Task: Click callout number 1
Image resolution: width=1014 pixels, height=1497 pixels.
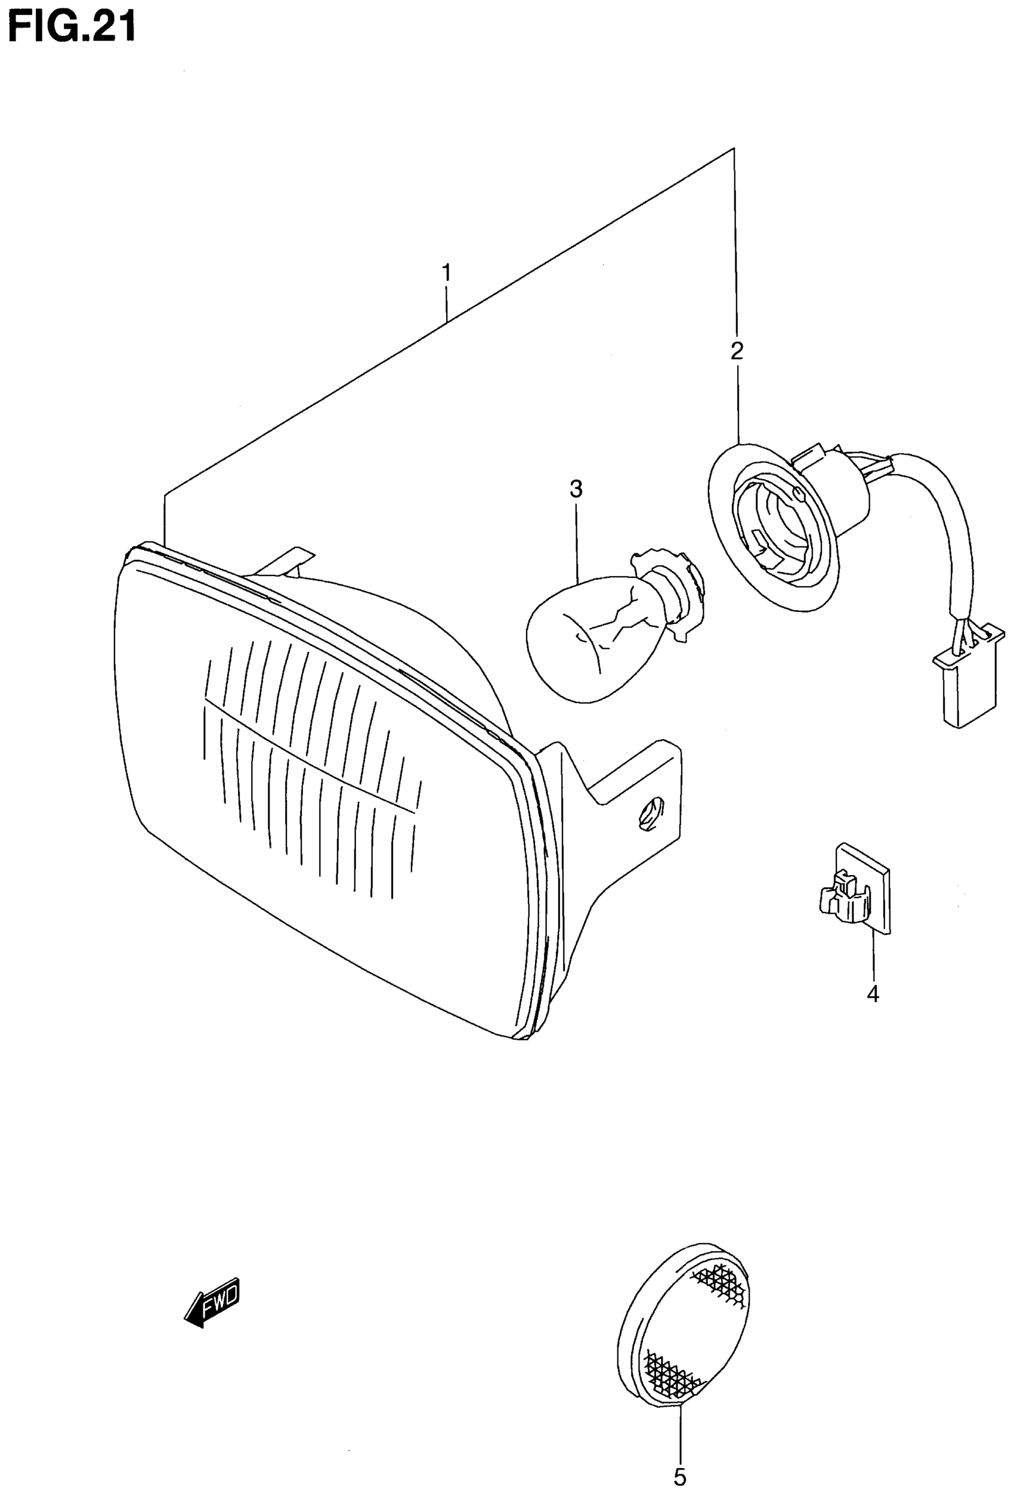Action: [x=446, y=273]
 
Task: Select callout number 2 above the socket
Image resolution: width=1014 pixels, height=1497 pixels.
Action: [x=736, y=351]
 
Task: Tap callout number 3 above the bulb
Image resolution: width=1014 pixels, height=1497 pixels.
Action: [x=576, y=490]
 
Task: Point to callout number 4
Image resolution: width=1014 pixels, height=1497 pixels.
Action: [x=872, y=994]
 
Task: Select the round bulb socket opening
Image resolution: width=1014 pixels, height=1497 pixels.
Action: [x=773, y=522]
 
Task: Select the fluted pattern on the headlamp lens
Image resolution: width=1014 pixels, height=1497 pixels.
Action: [x=309, y=760]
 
